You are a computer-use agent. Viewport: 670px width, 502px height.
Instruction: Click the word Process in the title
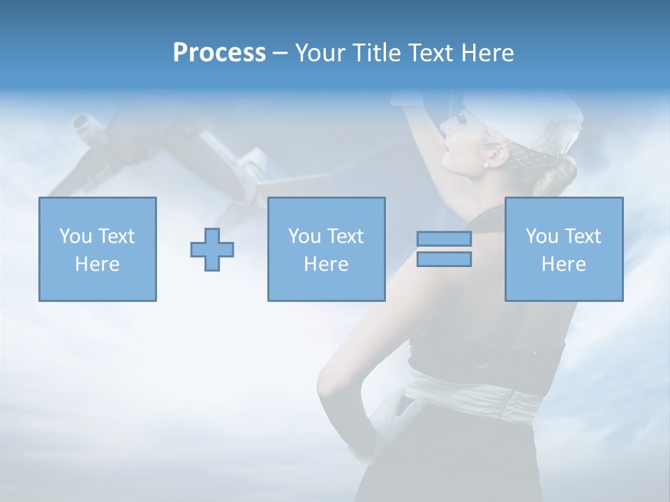tap(219, 53)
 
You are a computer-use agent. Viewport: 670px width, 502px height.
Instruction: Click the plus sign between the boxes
tap(212, 250)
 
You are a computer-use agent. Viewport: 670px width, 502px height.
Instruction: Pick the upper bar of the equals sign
tap(444, 238)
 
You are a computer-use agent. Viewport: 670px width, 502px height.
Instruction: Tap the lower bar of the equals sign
tap(444, 259)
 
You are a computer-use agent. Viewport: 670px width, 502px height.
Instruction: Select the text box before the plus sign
tap(98, 249)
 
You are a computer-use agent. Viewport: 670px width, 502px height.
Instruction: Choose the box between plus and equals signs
tap(326, 249)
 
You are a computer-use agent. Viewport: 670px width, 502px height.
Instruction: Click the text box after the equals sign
tap(563, 249)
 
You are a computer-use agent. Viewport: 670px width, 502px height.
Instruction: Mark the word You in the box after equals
tap(542, 236)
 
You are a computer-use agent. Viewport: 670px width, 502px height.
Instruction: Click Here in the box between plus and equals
tap(326, 264)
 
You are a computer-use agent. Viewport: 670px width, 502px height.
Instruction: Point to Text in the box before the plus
tap(115, 236)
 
